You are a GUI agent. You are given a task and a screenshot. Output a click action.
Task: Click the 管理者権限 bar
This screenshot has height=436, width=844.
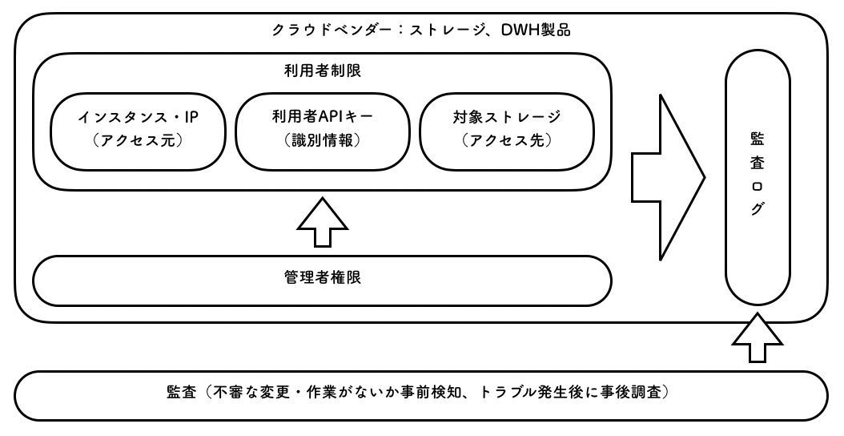pos(322,280)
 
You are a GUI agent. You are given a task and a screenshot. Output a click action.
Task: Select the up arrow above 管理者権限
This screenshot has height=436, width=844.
pos(322,224)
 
